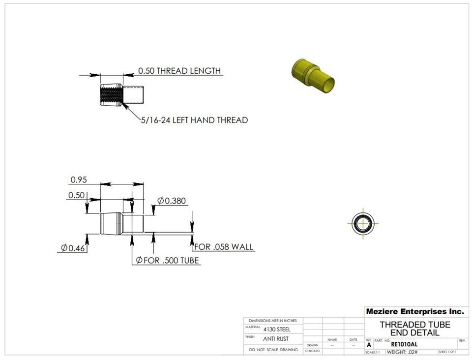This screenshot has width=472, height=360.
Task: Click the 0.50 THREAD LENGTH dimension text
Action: [x=179, y=71]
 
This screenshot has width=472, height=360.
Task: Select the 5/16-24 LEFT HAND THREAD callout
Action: [x=194, y=120]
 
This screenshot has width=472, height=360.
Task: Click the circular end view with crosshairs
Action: [x=363, y=223]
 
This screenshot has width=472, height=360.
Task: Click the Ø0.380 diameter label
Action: [x=172, y=201]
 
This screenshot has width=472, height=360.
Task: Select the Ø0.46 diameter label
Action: [x=72, y=248]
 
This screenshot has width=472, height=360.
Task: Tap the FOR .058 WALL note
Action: [x=224, y=246]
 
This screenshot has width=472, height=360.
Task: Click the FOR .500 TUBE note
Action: [x=167, y=260]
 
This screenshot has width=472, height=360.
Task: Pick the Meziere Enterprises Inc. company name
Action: [x=414, y=311]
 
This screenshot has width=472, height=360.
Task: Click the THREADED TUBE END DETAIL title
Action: [x=414, y=329]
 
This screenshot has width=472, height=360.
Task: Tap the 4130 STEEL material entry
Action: [x=277, y=330]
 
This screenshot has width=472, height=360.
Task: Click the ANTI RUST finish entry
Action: [x=276, y=339]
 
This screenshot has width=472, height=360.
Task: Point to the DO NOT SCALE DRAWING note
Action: [x=273, y=350]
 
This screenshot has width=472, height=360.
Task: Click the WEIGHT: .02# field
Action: [x=402, y=352]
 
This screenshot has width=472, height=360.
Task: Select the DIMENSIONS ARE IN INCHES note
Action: [x=273, y=321]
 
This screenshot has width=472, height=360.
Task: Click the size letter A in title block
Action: [x=369, y=345]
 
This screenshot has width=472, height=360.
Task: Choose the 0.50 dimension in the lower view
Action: [x=76, y=195]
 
